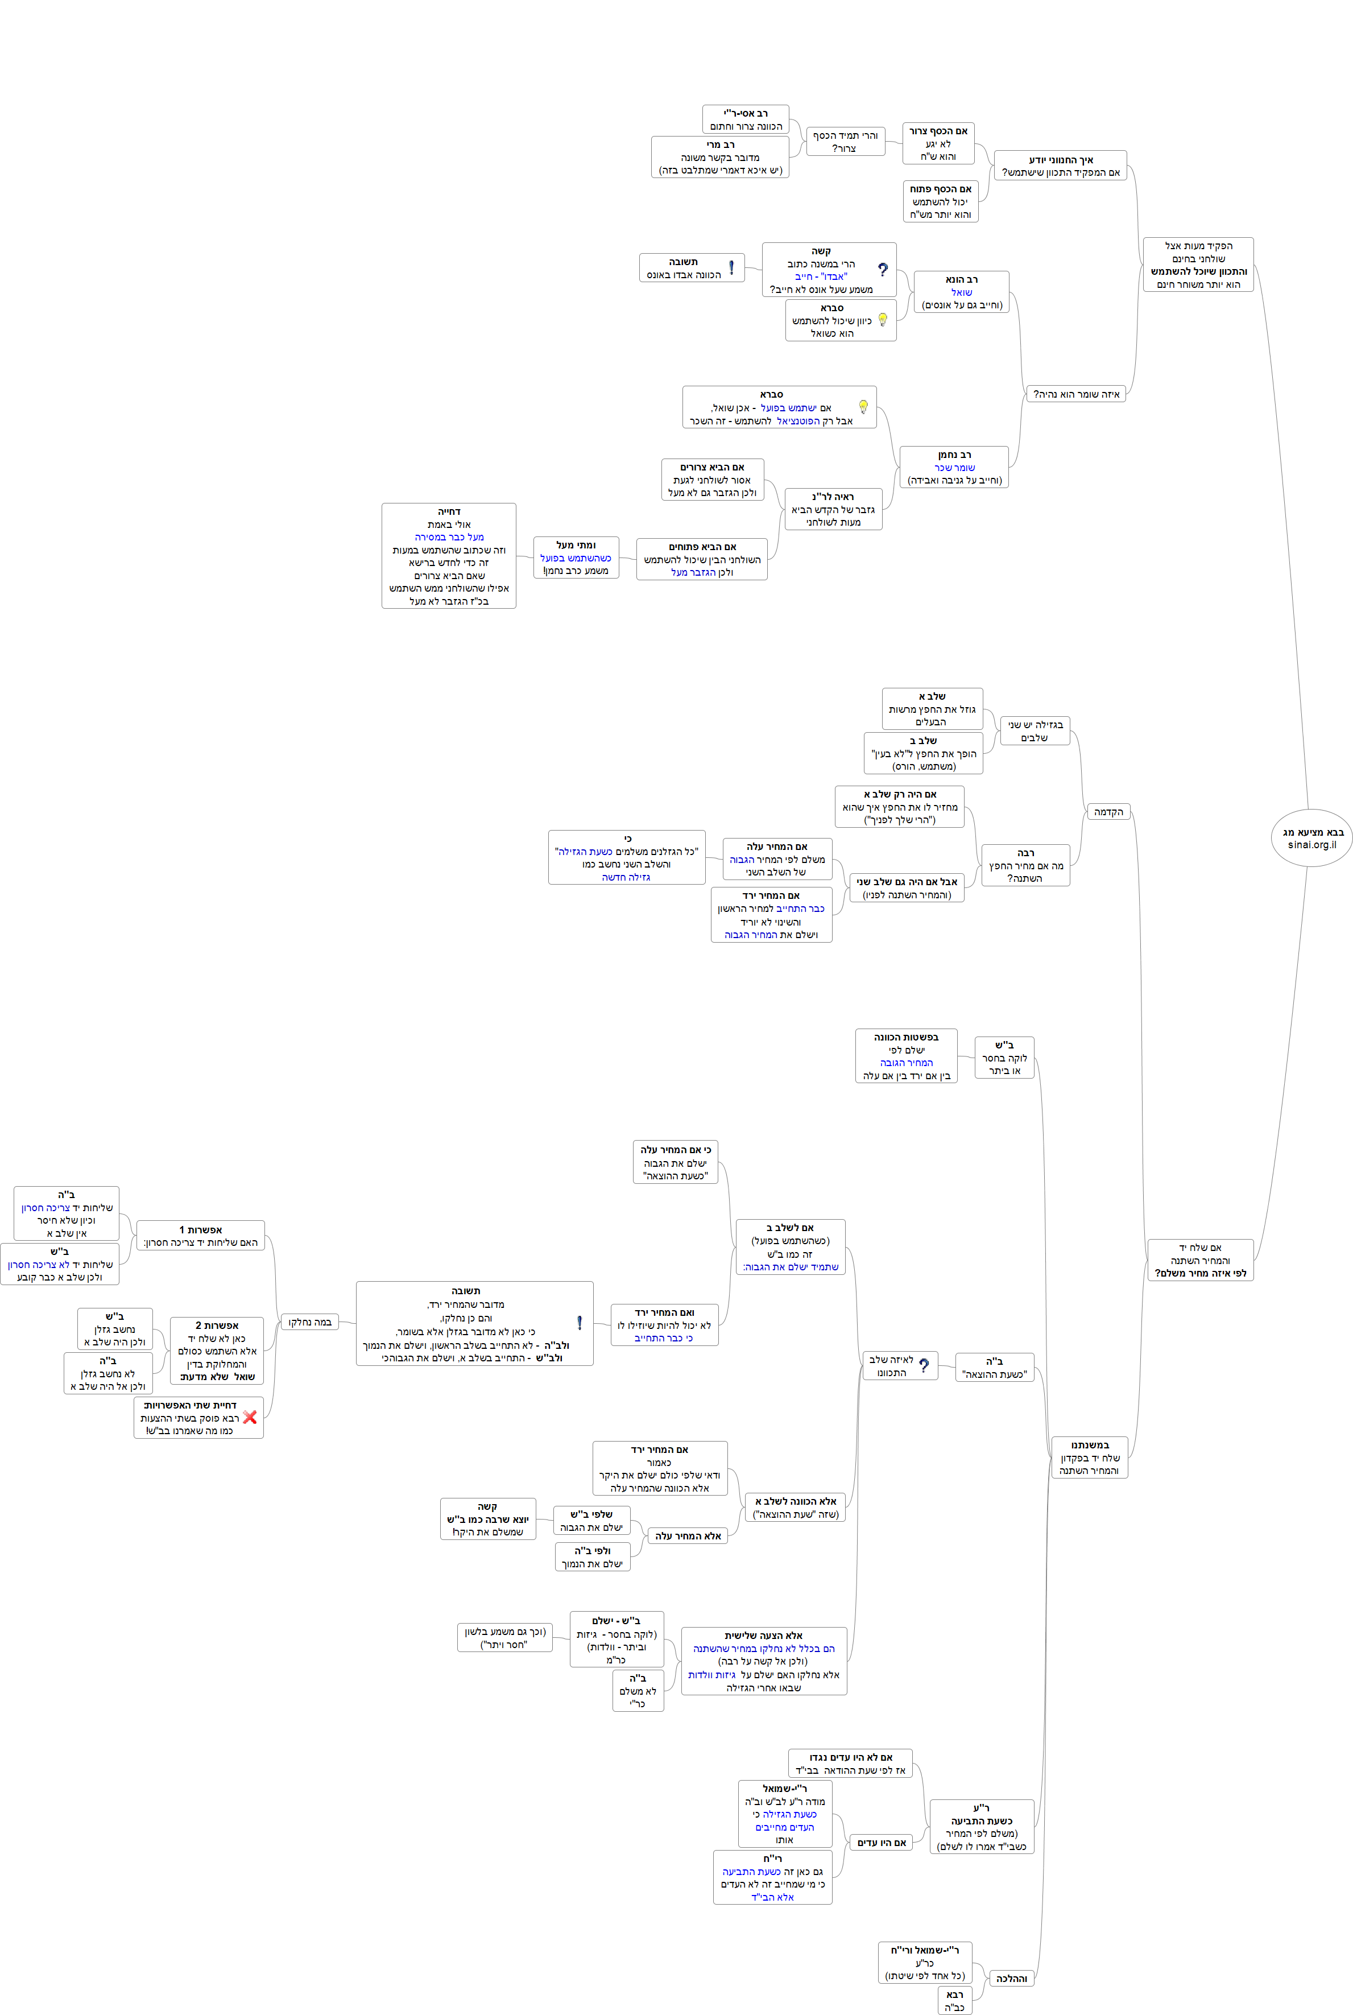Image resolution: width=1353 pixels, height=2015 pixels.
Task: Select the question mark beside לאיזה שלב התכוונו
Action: click(924, 1365)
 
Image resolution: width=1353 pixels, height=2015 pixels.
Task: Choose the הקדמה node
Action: click(1108, 812)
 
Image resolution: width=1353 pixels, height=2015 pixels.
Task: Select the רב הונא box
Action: click(961, 292)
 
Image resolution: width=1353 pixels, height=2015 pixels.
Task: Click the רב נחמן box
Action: click(954, 467)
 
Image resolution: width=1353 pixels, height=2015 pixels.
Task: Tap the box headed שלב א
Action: click(932, 708)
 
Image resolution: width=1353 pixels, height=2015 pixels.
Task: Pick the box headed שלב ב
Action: click(923, 753)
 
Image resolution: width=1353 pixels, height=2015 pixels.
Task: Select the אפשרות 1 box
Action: click(200, 1236)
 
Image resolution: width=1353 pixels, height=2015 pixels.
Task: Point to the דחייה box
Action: click(449, 556)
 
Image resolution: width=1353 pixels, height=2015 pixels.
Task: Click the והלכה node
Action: click(1011, 1979)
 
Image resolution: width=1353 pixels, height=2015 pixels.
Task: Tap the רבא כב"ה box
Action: click(954, 2000)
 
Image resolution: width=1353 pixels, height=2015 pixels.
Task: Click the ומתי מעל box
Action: click(576, 558)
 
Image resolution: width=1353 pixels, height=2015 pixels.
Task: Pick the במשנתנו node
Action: click(1090, 1457)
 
